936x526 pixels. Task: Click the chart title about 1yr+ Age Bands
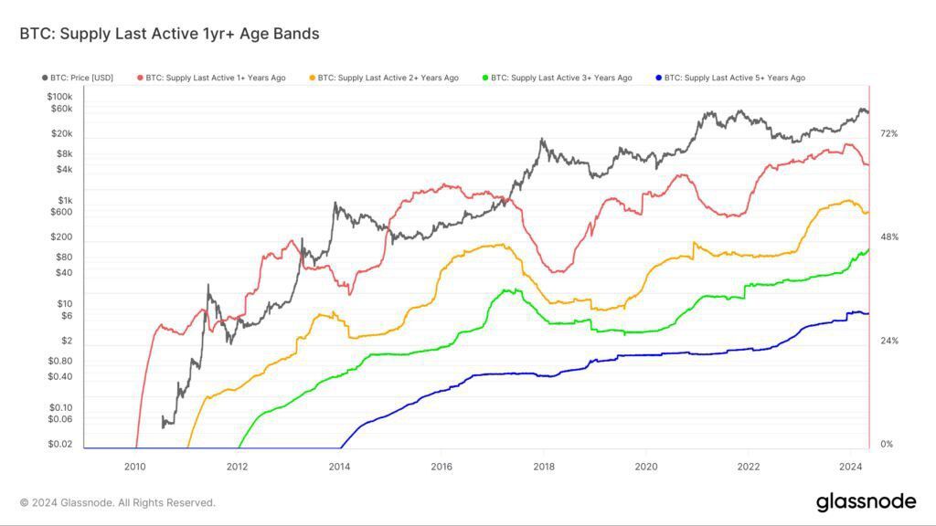(169, 34)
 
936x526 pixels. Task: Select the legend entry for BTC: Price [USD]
(78, 78)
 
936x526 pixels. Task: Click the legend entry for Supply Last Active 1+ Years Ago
(211, 78)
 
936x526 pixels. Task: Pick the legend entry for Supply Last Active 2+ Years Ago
(385, 78)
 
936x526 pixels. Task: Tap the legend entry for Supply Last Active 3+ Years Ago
(557, 78)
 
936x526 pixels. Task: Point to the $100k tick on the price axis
(58, 96)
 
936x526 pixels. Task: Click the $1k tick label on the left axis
(64, 200)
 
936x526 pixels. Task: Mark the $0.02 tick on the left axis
(59, 444)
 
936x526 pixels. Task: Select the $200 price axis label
(61, 237)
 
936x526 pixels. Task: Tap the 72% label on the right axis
(888, 133)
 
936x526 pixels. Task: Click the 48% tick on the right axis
(888, 237)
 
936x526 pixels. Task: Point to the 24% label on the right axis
(888, 341)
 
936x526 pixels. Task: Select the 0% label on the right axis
(886, 444)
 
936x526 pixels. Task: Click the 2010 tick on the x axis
(134, 466)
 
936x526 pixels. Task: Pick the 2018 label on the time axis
(543, 466)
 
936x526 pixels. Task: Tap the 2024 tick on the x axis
(850, 466)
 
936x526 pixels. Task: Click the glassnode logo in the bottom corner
(865, 501)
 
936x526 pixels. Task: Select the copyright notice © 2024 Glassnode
(118, 502)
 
